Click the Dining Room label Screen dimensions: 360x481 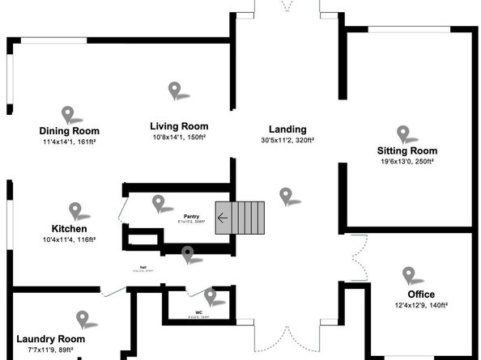click(x=70, y=131)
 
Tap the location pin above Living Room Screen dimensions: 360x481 click(x=173, y=90)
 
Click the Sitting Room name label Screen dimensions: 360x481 click(x=407, y=150)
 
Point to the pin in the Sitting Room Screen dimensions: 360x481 click(x=402, y=133)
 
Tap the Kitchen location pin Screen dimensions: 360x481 click(x=75, y=210)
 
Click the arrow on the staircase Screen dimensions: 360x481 click(x=223, y=218)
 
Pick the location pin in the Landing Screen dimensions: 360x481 click(x=285, y=195)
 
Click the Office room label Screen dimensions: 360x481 click(x=420, y=294)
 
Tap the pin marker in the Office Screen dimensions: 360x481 click(x=408, y=275)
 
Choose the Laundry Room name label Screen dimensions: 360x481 click(x=50, y=339)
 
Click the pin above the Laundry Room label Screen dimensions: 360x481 click(x=82, y=319)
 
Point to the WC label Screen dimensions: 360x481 click(x=199, y=312)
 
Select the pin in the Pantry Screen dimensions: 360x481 click(x=158, y=202)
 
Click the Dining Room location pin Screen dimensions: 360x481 click(x=67, y=115)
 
